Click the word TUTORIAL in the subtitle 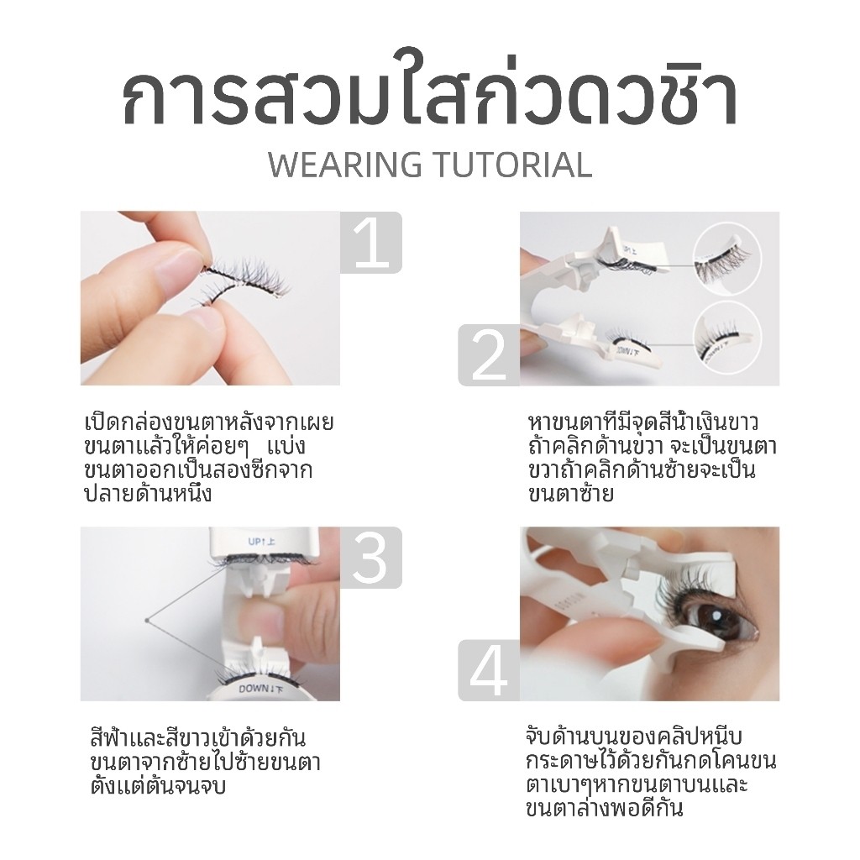coord(512,165)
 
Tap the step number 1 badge coord(370,243)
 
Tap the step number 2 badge coord(489,355)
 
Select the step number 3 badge coord(370,558)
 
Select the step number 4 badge coord(489,670)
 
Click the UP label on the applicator coord(256,541)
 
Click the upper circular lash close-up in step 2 coord(727,257)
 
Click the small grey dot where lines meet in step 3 coord(146,621)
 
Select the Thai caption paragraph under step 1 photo coord(210,458)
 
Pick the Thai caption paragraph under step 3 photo coord(205,763)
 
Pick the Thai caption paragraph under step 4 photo coord(652,773)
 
